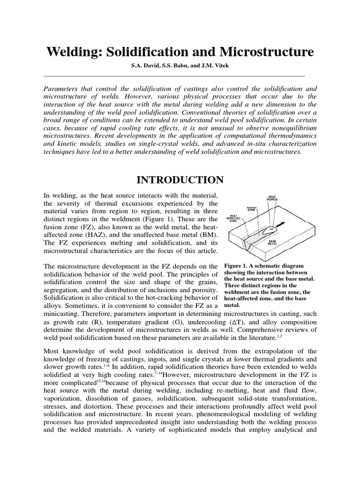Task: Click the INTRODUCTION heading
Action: coord(180,180)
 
